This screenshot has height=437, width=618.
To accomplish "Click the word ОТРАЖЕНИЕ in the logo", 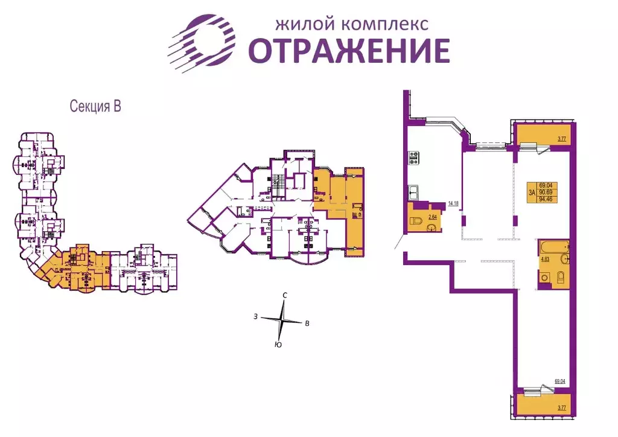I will point(349,50).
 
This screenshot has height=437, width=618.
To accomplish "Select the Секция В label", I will point(96,107).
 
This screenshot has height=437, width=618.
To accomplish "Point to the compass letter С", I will point(285,295).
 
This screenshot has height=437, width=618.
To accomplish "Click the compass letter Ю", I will point(278,345).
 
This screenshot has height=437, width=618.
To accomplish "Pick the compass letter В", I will point(307,324).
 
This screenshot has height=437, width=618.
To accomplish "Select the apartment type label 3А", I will point(532,193).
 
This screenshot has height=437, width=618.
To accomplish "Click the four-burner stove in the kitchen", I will point(415,158).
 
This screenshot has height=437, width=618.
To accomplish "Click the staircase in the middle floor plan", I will point(277,180).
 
